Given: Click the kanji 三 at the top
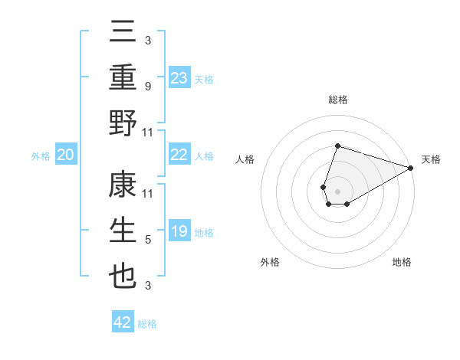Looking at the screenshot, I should [123, 33].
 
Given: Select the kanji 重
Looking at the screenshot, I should [123, 78].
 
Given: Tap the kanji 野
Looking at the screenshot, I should [123, 123].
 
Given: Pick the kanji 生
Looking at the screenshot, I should [123, 231].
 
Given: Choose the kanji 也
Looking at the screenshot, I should [123, 277].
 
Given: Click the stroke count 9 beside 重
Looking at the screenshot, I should [147, 87].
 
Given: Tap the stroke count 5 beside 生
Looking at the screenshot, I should [147, 240].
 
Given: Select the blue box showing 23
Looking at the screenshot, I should [179, 77].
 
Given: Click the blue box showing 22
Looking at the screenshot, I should [179, 155].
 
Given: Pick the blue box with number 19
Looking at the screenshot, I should [179, 231].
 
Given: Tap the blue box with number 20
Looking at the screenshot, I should [66, 155].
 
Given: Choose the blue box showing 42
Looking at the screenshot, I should [123, 322].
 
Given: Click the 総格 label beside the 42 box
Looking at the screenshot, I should [147, 324].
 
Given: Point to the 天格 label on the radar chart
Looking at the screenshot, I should [431, 159].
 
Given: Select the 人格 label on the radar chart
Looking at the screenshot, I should [245, 159].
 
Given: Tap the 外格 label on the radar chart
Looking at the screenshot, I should [270, 262].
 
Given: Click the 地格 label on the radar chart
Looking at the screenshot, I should [402, 262].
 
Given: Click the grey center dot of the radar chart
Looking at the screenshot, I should [337, 190].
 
